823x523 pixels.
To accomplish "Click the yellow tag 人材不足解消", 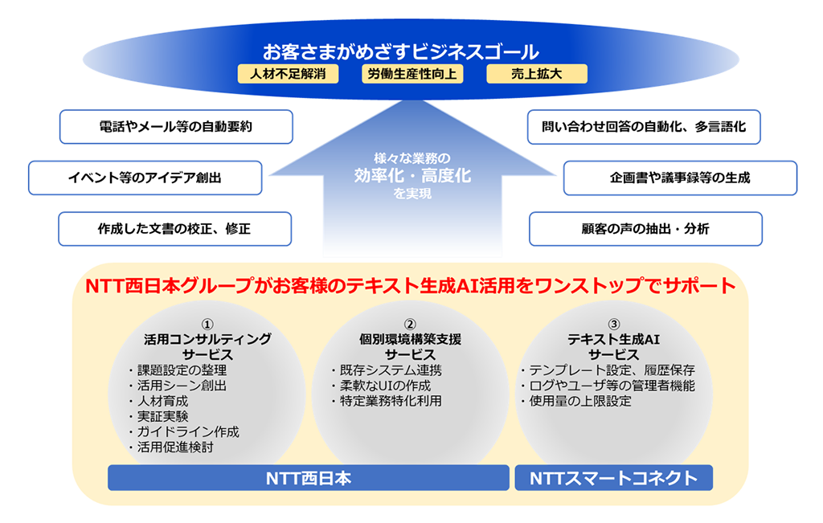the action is click(x=289, y=74).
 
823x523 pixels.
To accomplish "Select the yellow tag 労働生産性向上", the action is click(x=412, y=74).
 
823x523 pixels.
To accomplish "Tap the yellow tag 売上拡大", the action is click(x=537, y=74).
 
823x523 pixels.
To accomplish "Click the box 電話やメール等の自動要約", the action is click(x=176, y=126).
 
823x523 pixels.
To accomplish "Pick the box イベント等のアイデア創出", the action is click(x=145, y=178).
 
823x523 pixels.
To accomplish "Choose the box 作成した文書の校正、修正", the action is click(x=174, y=229).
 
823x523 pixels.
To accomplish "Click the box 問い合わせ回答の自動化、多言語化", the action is click(x=644, y=126).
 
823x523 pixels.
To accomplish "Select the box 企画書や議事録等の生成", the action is click(x=680, y=178).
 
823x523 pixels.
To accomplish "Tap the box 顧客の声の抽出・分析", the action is click(x=645, y=229).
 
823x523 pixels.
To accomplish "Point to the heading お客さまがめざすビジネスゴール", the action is click(x=401, y=52).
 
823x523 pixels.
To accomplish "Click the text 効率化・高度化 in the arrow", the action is click(x=412, y=175).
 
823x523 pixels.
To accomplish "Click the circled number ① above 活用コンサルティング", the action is click(x=207, y=325).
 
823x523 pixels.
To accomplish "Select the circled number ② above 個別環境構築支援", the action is click(x=410, y=325).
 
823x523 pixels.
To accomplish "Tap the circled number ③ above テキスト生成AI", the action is click(x=613, y=325).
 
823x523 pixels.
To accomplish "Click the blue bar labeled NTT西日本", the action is click(x=309, y=478).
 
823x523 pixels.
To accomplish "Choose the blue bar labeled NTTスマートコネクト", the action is click(x=613, y=478).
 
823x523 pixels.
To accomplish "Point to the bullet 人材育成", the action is click(x=158, y=402).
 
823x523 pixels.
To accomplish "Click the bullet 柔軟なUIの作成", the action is click(x=381, y=386).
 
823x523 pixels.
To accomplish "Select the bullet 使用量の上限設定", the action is click(x=575, y=402).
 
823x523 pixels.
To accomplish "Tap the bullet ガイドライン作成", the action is click(x=184, y=431).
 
